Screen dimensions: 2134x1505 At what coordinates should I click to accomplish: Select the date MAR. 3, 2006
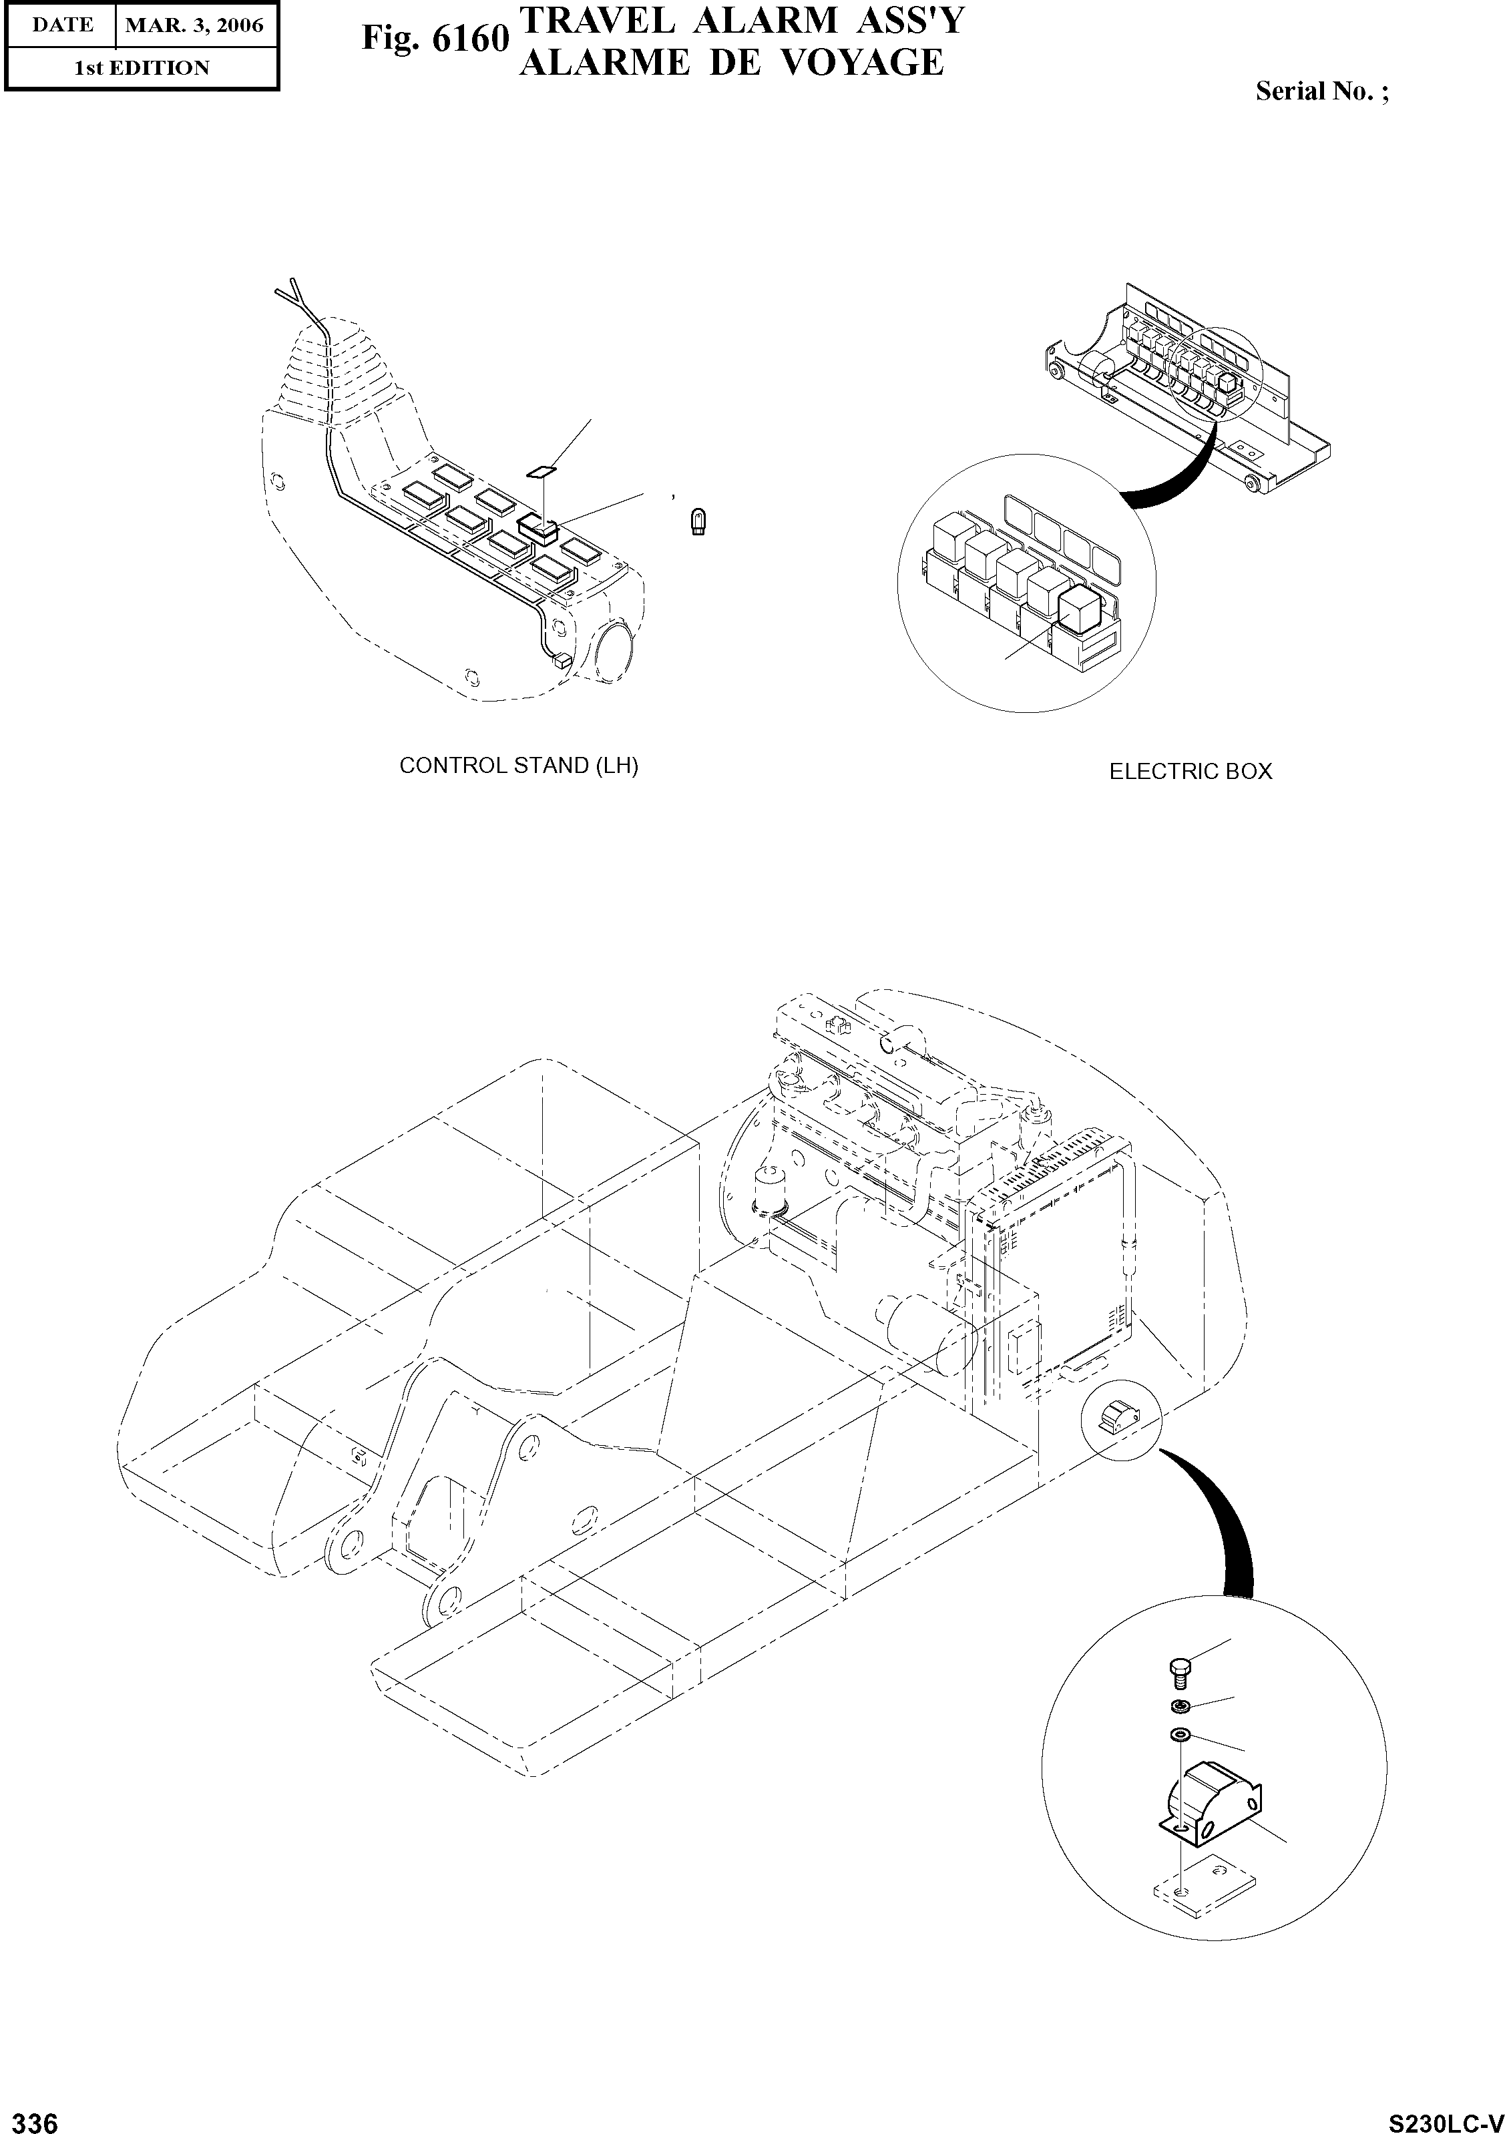pos(194,25)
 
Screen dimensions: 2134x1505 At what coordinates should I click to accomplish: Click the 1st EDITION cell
pos(142,68)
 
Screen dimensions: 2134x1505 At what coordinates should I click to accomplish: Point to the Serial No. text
pos(1321,91)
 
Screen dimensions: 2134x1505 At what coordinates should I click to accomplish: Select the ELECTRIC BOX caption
pos(1190,772)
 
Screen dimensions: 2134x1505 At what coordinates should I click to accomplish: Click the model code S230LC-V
pos(1445,2118)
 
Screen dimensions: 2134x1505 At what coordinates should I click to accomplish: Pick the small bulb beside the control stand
pos(697,523)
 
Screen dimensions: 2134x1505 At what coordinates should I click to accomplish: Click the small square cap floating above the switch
pos(541,471)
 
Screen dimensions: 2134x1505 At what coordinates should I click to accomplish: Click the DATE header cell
pos(61,25)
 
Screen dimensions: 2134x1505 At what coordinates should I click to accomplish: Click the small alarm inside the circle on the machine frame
pos(1118,1418)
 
